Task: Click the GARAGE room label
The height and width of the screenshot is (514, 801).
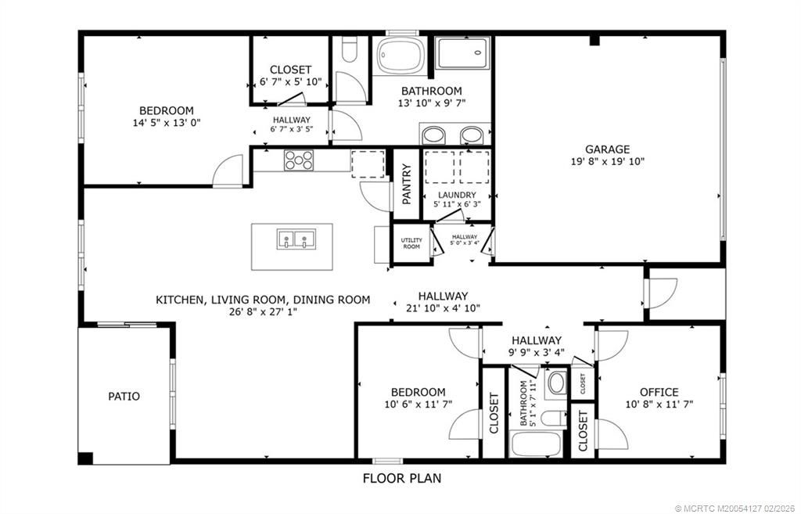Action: click(x=607, y=149)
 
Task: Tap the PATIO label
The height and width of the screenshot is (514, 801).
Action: click(x=124, y=396)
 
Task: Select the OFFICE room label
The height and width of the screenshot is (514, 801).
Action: click(x=659, y=392)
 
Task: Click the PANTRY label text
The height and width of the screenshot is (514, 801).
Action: click(x=406, y=184)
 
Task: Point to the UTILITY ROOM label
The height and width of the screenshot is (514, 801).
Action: click(x=411, y=243)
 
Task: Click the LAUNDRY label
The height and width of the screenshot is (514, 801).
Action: click(x=457, y=195)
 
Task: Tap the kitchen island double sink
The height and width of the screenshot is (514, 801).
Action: click(x=296, y=238)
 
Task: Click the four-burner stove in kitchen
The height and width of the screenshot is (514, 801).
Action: click(x=298, y=160)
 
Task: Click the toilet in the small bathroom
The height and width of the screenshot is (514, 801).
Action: click(x=557, y=383)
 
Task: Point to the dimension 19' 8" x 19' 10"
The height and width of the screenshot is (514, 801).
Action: click(x=607, y=162)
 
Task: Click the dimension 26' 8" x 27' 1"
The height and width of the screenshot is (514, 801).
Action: click(x=263, y=311)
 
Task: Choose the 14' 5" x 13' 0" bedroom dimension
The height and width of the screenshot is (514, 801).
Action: click(x=167, y=123)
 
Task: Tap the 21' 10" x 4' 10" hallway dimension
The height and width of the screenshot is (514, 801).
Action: click(x=443, y=308)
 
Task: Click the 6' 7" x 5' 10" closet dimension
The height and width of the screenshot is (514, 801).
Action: click(x=290, y=81)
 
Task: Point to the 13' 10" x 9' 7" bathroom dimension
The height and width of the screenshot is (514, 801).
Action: click(x=430, y=103)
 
